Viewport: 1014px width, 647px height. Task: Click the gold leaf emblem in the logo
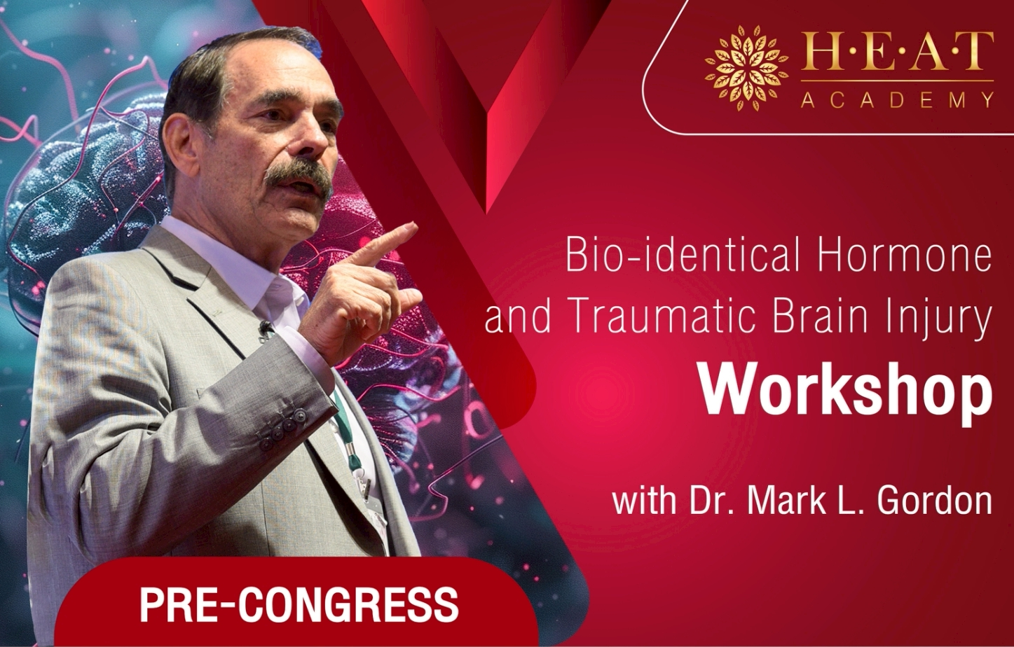[746, 69]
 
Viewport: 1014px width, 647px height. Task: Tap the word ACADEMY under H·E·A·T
[897, 100]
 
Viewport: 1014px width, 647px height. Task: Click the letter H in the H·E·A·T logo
[818, 53]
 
